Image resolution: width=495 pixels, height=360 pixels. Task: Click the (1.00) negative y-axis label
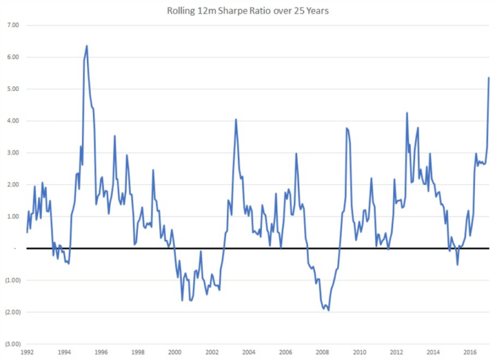tap(14, 280)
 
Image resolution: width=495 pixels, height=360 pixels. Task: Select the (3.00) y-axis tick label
tap(14, 344)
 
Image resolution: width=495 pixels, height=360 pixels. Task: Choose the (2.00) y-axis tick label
tap(14, 312)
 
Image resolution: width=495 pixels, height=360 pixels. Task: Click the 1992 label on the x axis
tap(27, 353)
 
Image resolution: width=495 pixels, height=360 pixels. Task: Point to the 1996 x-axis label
tap(101, 353)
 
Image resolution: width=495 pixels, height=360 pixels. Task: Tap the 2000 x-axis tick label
tap(175, 353)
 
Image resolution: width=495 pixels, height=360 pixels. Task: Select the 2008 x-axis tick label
tap(323, 353)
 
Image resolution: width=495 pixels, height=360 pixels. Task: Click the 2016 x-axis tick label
tap(471, 353)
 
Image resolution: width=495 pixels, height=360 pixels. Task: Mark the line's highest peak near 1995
tap(87, 46)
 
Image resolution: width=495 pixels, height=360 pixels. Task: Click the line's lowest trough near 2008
tap(329, 310)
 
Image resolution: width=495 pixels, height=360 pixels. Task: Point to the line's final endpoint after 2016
tap(489, 77)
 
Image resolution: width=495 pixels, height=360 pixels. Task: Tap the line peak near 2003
tap(236, 119)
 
